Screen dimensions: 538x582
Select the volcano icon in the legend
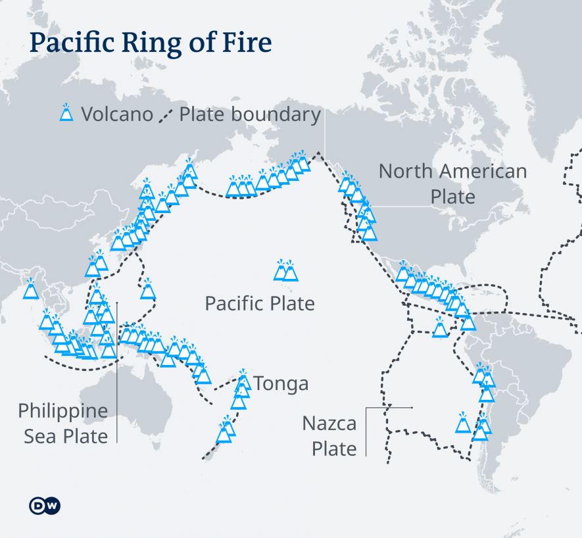point(66,113)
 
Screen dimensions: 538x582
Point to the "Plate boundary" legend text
point(250,114)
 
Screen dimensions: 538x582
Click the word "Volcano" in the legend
point(116,114)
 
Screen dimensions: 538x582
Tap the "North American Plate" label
point(452,184)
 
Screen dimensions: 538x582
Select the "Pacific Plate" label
point(260,303)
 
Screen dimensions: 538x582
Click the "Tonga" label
point(281,383)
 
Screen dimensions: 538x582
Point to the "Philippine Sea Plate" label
point(63,424)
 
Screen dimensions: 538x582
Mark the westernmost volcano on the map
point(30,290)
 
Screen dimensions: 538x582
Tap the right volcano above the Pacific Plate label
point(289,271)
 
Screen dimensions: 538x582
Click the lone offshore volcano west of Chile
point(463,424)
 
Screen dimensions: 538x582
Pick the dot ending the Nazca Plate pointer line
point(412,408)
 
